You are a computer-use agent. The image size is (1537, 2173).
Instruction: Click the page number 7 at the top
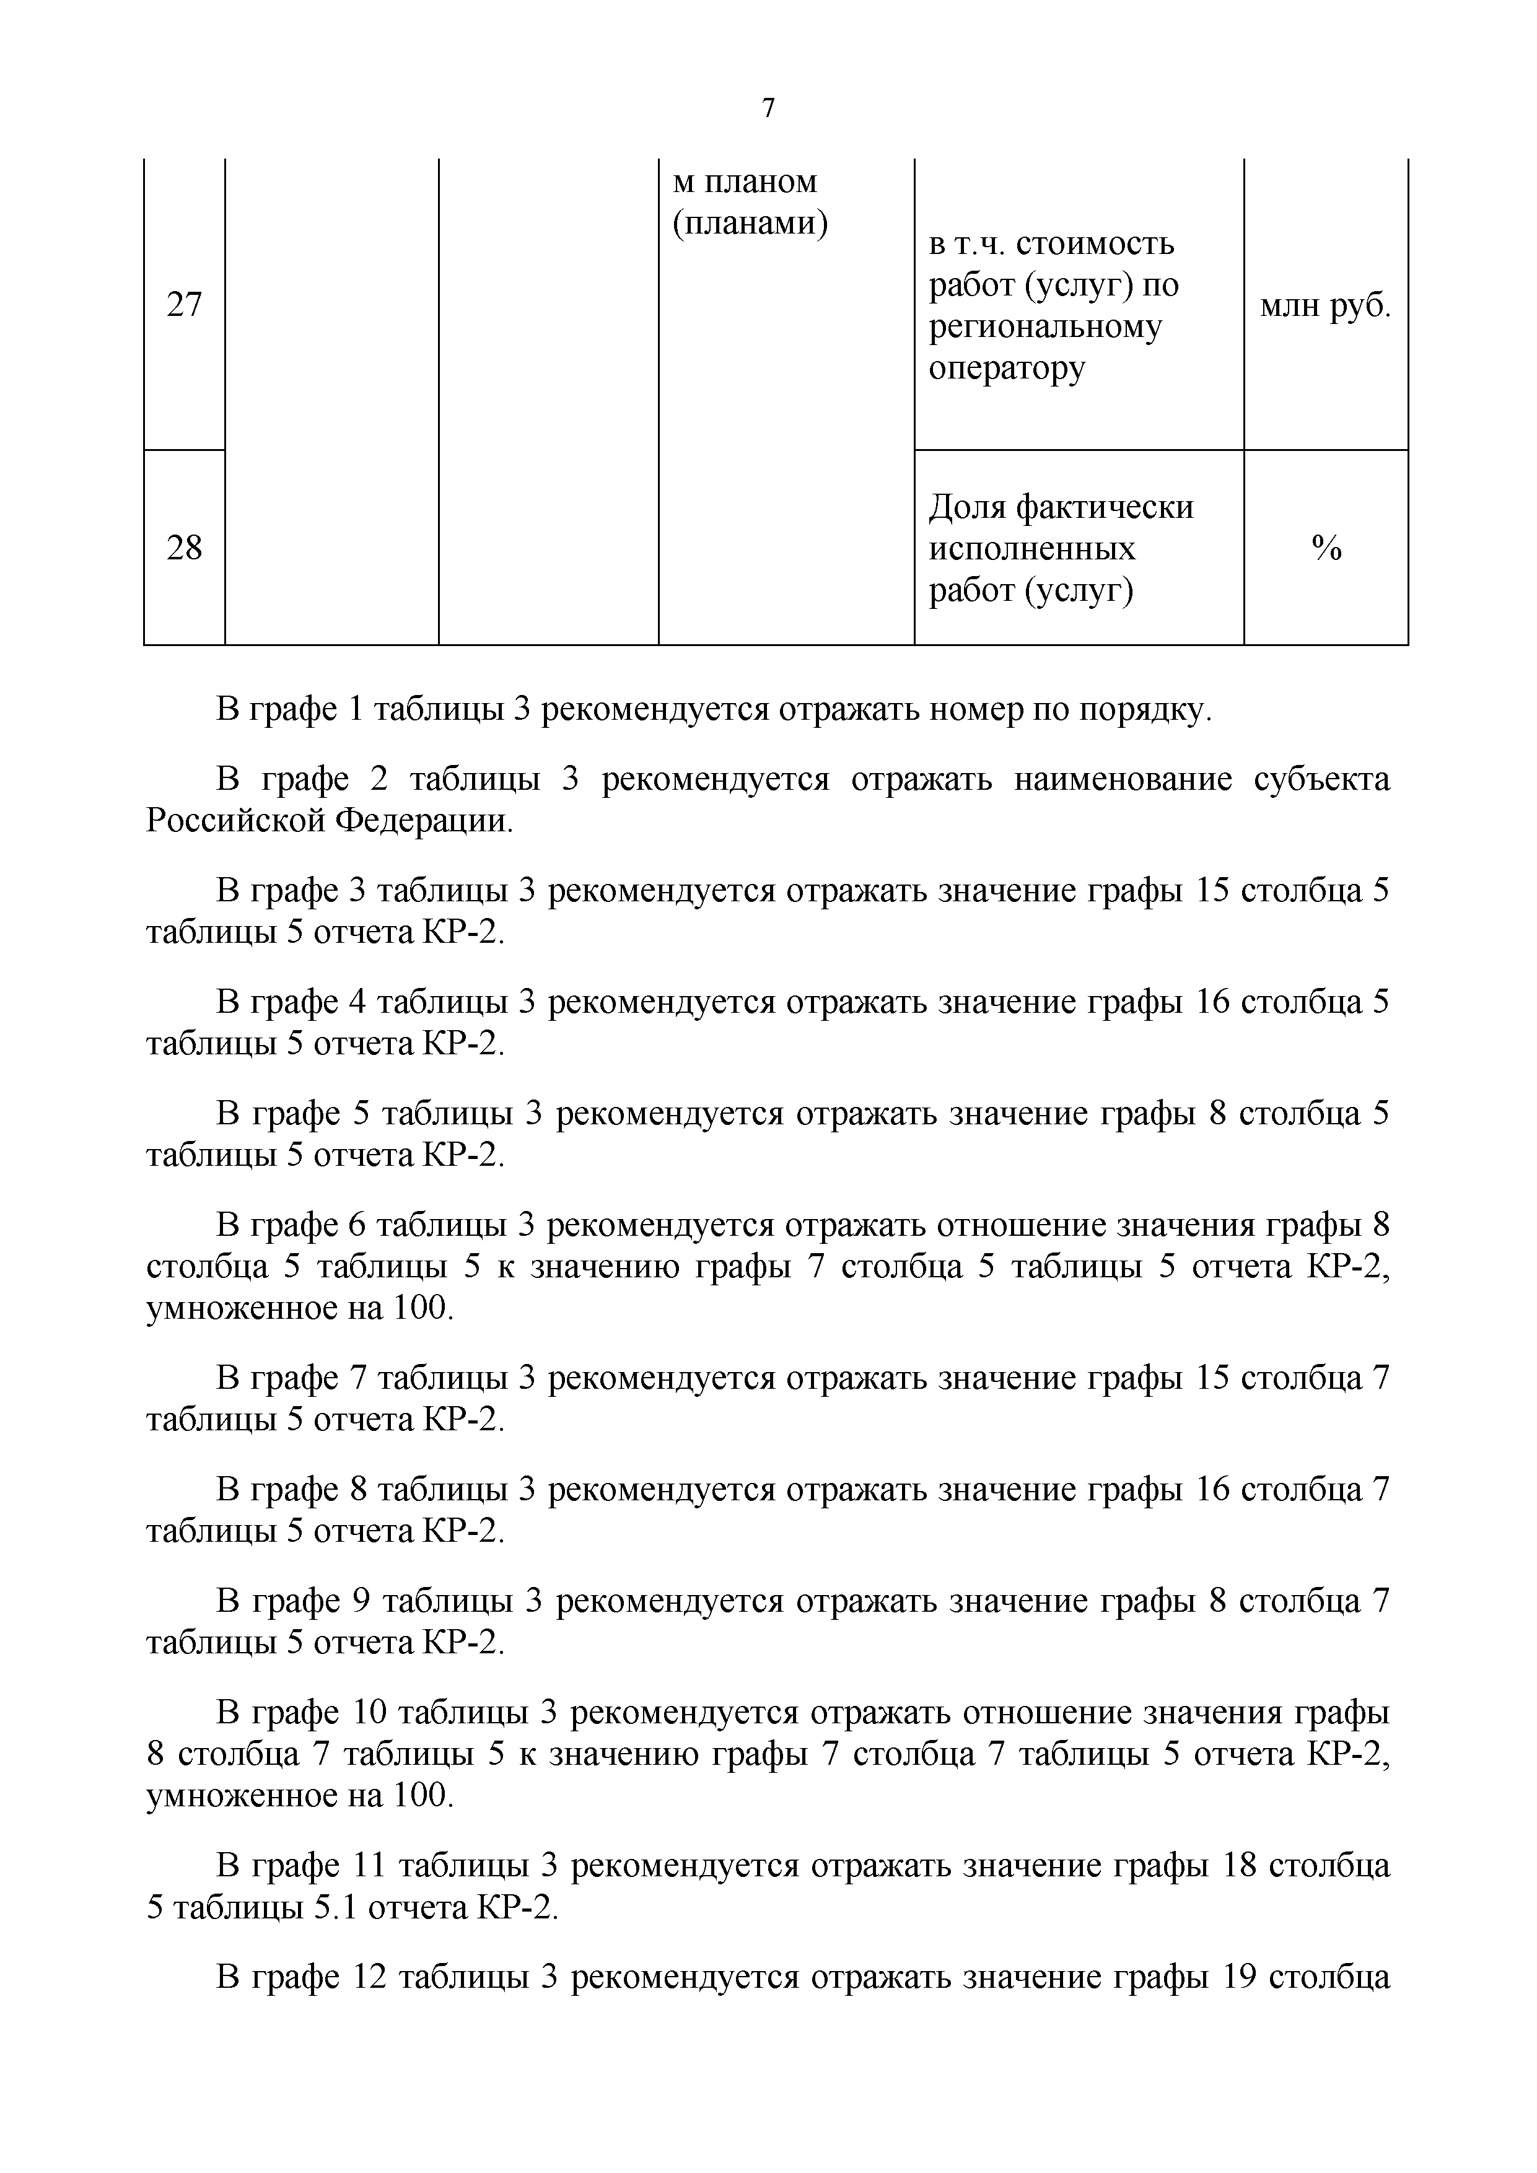tap(768, 109)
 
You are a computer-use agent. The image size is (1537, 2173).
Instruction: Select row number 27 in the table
tap(185, 305)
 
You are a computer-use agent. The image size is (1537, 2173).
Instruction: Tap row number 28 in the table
tap(185, 547)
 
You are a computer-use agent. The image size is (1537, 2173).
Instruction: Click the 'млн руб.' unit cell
tap(1325, 305)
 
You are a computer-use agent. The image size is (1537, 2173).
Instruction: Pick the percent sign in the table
tap(1326, 547)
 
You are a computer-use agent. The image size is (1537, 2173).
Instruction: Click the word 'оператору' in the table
tap(1006, 367)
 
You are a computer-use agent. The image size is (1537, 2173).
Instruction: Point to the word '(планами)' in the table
tap(750, 224)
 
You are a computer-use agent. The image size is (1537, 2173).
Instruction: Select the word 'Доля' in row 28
tap(967, 507)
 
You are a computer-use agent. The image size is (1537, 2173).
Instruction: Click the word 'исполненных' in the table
tap(1031, 549)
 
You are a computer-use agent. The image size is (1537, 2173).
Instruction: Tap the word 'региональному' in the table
tap(1045, 326)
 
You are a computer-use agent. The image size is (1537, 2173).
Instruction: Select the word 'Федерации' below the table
tap(423, 821)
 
